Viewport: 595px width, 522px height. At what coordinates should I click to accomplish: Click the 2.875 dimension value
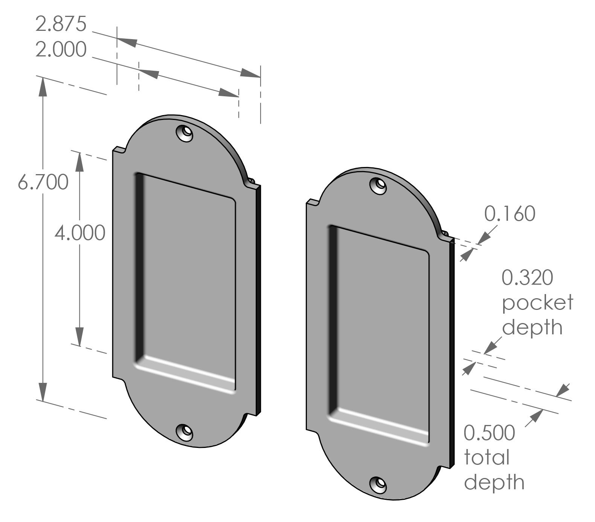pos(61,24)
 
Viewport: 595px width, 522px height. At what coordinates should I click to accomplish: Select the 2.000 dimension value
pos(61,50)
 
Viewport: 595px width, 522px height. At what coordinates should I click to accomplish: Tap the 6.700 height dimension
pos(43,182)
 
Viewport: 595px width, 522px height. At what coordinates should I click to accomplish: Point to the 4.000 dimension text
pos(80,233)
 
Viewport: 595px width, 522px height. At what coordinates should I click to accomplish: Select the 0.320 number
pos(528,278)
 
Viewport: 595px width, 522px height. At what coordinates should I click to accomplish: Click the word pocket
pos(537,303)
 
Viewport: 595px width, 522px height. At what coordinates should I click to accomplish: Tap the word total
pos(487,458)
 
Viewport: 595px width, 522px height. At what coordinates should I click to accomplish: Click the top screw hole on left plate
pos(185,133)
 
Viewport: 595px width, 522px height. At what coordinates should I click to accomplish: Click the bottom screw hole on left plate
pos(185,432)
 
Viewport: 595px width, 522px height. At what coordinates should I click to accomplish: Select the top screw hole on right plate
pos(378,185)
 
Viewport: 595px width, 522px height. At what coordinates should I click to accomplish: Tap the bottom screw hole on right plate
pos(378,484)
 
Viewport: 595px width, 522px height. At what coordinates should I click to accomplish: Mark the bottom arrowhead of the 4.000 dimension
pos(79,337)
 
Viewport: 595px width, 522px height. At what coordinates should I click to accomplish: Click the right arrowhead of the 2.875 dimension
pos(250,73)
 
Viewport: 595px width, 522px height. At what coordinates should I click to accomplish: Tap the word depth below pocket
pos(532,328)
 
